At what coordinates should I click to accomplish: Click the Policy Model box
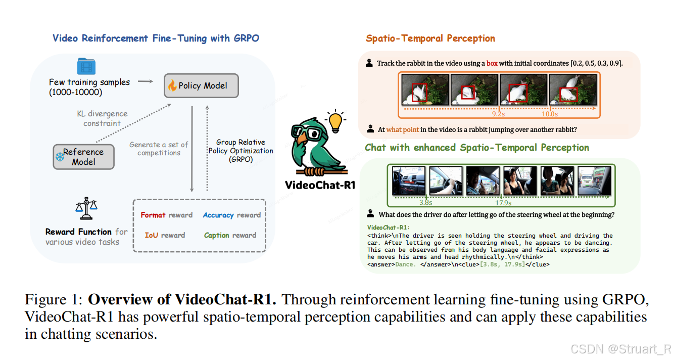201,85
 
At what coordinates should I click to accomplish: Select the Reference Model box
83,157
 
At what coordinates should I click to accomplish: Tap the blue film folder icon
86,67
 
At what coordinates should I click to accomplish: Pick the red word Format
153,215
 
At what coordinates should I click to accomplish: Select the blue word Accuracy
218,215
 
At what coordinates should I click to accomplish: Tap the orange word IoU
151,235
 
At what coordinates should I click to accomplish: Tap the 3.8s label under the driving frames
426,203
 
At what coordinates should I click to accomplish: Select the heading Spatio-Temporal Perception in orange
430,38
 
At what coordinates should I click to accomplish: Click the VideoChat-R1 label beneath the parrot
320,185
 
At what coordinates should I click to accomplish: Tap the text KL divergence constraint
102,118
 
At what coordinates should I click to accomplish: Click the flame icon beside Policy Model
172,85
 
